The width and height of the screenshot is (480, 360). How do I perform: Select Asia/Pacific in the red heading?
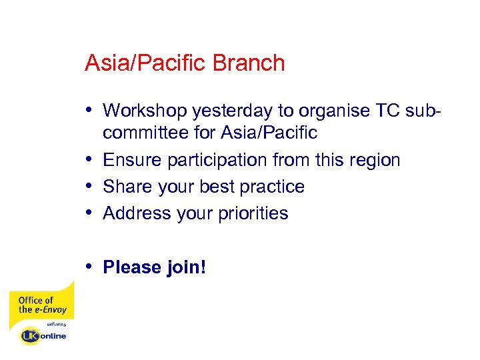tap(146, 63)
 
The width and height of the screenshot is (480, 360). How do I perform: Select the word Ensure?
tap(133, 160)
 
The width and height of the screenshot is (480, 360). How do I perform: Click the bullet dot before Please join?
tap(90, 267)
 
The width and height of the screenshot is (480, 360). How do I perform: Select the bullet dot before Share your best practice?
tap(90, 186)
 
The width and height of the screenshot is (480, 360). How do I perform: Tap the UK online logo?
tap(44, 335)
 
